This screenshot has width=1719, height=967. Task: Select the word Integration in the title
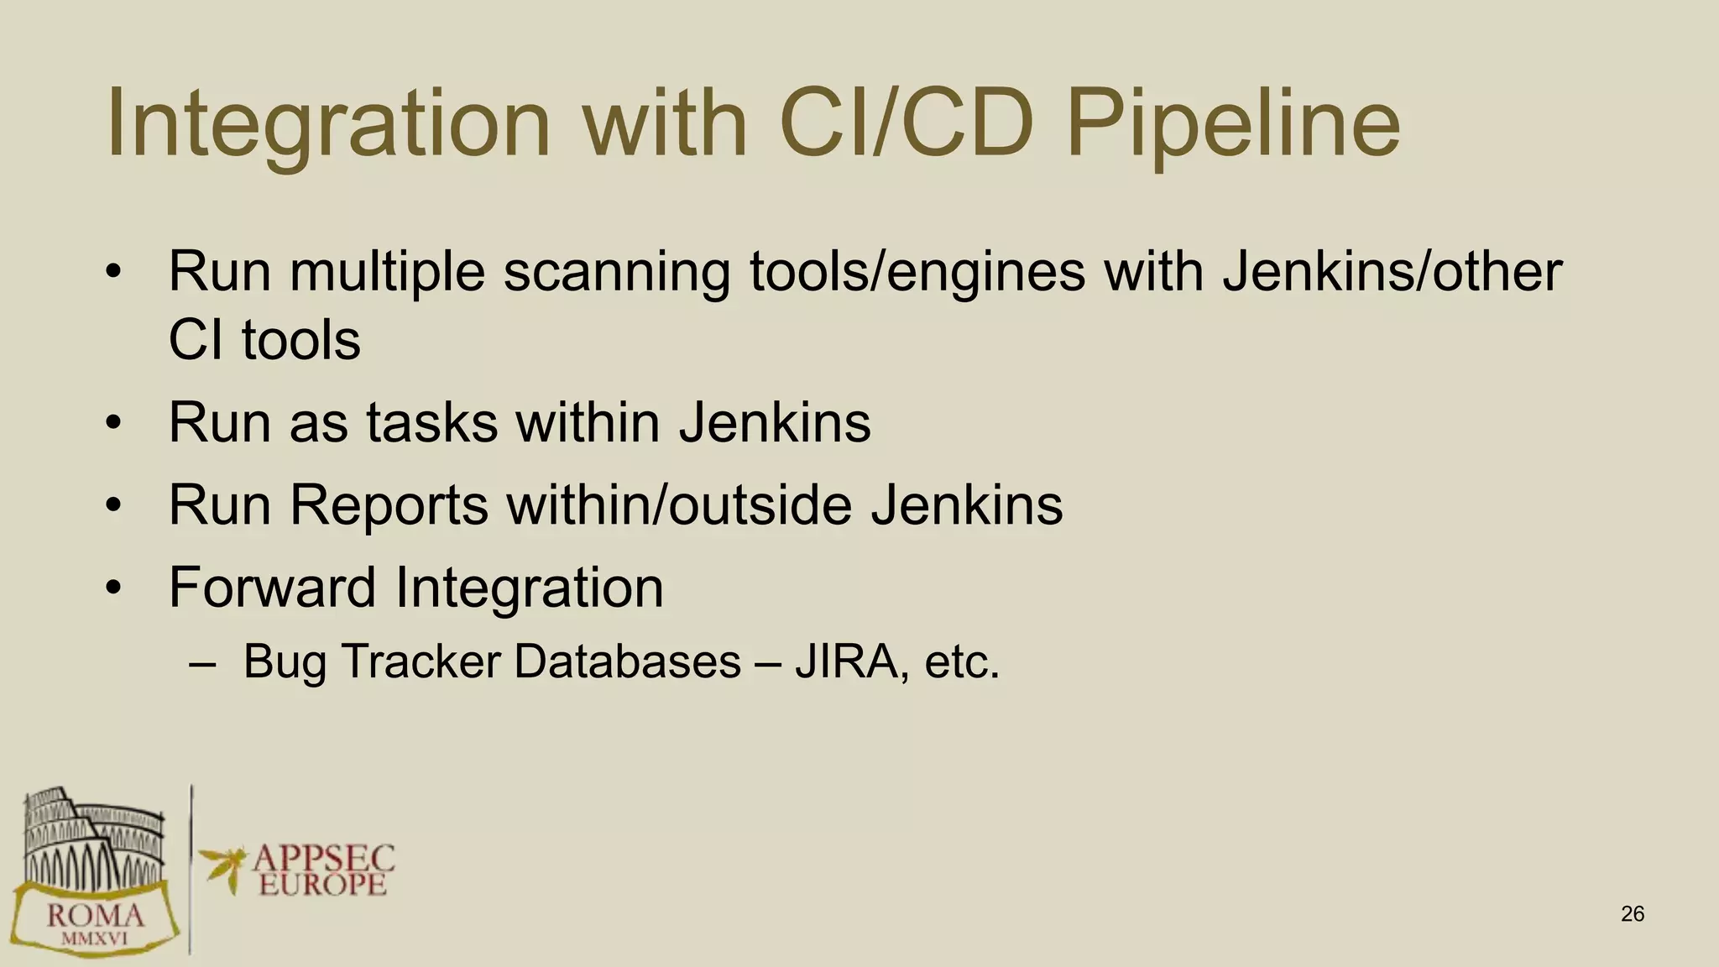[328, 123]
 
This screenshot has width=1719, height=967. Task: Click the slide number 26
[1632, 914]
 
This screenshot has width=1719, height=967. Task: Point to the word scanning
[616, 273]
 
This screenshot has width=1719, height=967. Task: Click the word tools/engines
[917, 273]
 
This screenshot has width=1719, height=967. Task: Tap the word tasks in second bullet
[431, 422]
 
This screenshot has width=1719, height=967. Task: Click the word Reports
[389, 505]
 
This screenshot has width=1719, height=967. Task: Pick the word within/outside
[679, 505]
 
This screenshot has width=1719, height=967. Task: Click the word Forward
[272, 588]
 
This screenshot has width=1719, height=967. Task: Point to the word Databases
[628, 661]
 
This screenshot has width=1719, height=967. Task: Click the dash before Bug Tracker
[202, 663]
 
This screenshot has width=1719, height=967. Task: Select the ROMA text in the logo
[95, 914]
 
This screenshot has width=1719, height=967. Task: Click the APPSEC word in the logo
[323, 858]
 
